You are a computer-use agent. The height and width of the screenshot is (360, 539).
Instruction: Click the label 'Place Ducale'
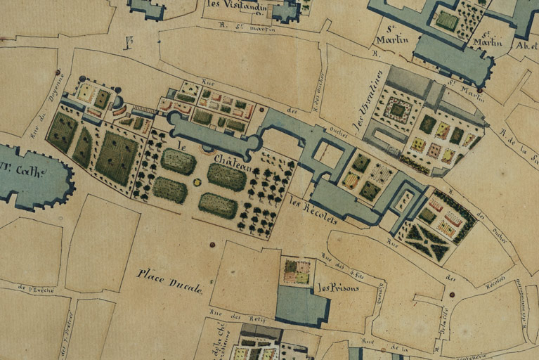pos(169,281)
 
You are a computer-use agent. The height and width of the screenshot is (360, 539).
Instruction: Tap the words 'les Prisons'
pos(338,288)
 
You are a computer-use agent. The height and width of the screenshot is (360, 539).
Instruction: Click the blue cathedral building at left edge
pos(35,176)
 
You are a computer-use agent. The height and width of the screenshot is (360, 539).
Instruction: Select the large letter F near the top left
pos(129,42)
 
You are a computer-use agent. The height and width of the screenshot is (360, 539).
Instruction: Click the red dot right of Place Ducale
pos(212,245)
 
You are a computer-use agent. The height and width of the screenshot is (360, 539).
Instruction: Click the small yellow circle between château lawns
pos(197,182)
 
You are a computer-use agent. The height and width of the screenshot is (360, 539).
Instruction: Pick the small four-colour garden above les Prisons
pos(296,272)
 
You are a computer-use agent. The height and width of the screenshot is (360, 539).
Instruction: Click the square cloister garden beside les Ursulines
pos(398,110)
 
